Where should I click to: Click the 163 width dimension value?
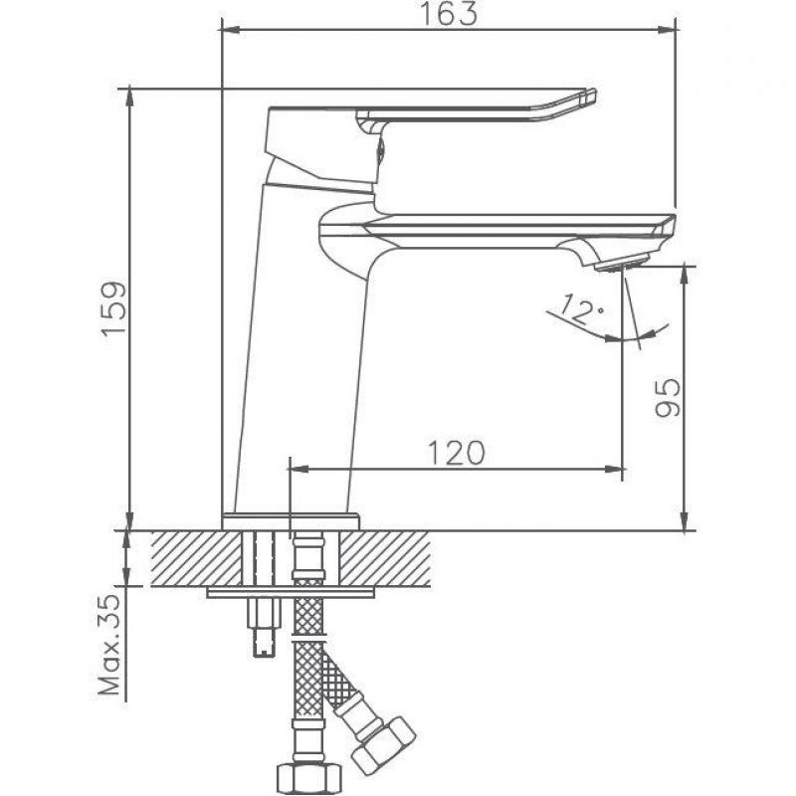pyautogui.click(x=449, y=14)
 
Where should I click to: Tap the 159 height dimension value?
pyautogui.click(x=113, y=308)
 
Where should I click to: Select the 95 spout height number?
pyautogui.click(x=667, y=397)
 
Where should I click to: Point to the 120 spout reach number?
pyautogui.click(x=457, y=453)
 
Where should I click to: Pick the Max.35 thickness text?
pyautogui.click(x=111, y=645)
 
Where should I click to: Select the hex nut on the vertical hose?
pyautogui.click(x=301, y=778)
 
